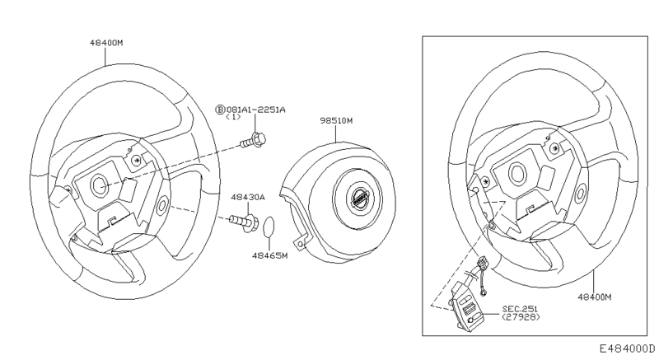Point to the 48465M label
click(x=269, y=256)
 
